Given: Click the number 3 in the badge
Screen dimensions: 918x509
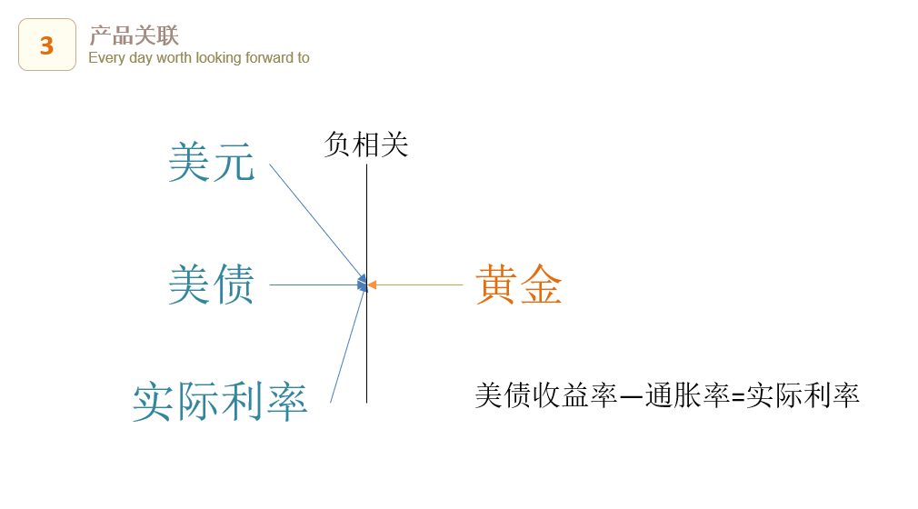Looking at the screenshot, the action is (x=47, y=45).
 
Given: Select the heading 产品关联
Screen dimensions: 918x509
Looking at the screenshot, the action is (x=135, y=35).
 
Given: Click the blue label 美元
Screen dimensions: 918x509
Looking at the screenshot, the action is (x=212, y=163).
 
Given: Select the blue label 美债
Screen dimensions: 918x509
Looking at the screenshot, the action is (x=212, y=284).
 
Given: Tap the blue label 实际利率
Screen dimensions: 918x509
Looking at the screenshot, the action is (x=220, y=401).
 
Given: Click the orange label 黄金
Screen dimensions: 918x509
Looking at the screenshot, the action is (x=519, y=284).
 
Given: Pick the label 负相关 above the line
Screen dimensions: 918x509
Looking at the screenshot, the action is (x=366, y=145).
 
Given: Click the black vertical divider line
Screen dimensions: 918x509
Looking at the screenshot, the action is (x=367, y=284).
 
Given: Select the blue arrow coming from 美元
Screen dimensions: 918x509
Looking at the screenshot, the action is (x=317, y=224).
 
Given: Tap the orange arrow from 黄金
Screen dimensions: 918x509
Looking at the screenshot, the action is (x=415, y=285).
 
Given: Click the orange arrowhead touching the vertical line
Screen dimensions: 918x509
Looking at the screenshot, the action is (x=372, y=285).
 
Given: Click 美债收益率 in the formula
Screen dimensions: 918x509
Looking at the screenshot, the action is (x=545, y=395).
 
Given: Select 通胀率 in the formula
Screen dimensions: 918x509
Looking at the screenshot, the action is (x=687, y=395).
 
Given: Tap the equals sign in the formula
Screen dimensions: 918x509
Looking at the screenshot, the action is (x=738, y=397).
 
